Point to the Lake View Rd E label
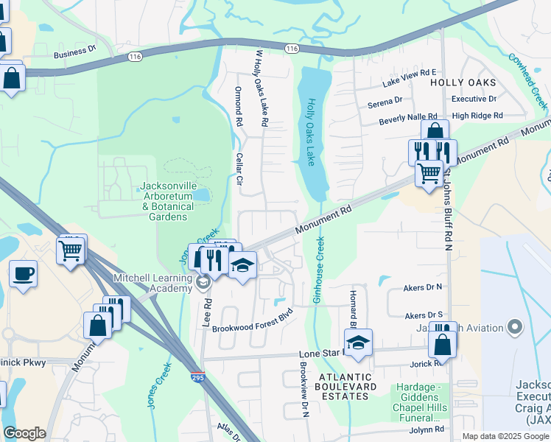click(x=410, y=72)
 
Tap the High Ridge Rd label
click(x=477, y=116)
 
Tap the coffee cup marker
click(x=23, y=274)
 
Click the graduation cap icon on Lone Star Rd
click(x=358, y=343)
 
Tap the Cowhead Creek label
click(x=528, y=80)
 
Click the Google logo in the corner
click(x=24, y=433)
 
